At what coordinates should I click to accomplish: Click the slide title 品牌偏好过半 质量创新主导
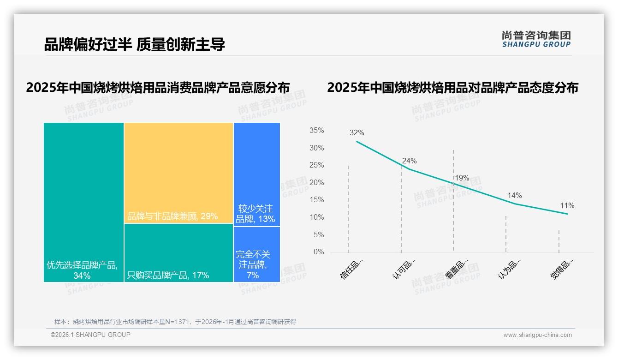click(x=134, y=45)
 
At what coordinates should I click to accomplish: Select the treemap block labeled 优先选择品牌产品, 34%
click(x=83, y=202)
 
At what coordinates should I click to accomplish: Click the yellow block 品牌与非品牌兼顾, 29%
click(x=178, y=173)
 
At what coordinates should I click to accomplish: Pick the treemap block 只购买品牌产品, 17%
click(x=178, y=252)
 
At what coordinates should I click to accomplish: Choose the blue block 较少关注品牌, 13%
click(x=256, y=174)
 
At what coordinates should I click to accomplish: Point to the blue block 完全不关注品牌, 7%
click(x=256, y=254)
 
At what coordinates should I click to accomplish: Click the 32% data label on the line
click(x=357, y=133)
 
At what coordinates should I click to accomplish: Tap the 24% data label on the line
click(x=409, y=161)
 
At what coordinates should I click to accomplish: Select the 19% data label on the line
click(x=462, y=178)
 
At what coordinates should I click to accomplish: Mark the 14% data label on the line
click(x=514, y=196)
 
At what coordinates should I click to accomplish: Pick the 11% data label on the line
click(x=567, y=206)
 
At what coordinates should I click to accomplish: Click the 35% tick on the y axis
click(x=316, y=131)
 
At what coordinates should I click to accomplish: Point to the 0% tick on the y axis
click(x=319, y=252)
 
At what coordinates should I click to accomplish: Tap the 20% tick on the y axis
click(x=316, y=183)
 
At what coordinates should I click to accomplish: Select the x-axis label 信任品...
click(x=351, y=269)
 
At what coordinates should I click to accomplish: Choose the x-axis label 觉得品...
click(x=562, y=269)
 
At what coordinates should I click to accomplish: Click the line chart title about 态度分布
click(x=452, y=88)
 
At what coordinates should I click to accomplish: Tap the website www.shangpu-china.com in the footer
click(x=537, y=335)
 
